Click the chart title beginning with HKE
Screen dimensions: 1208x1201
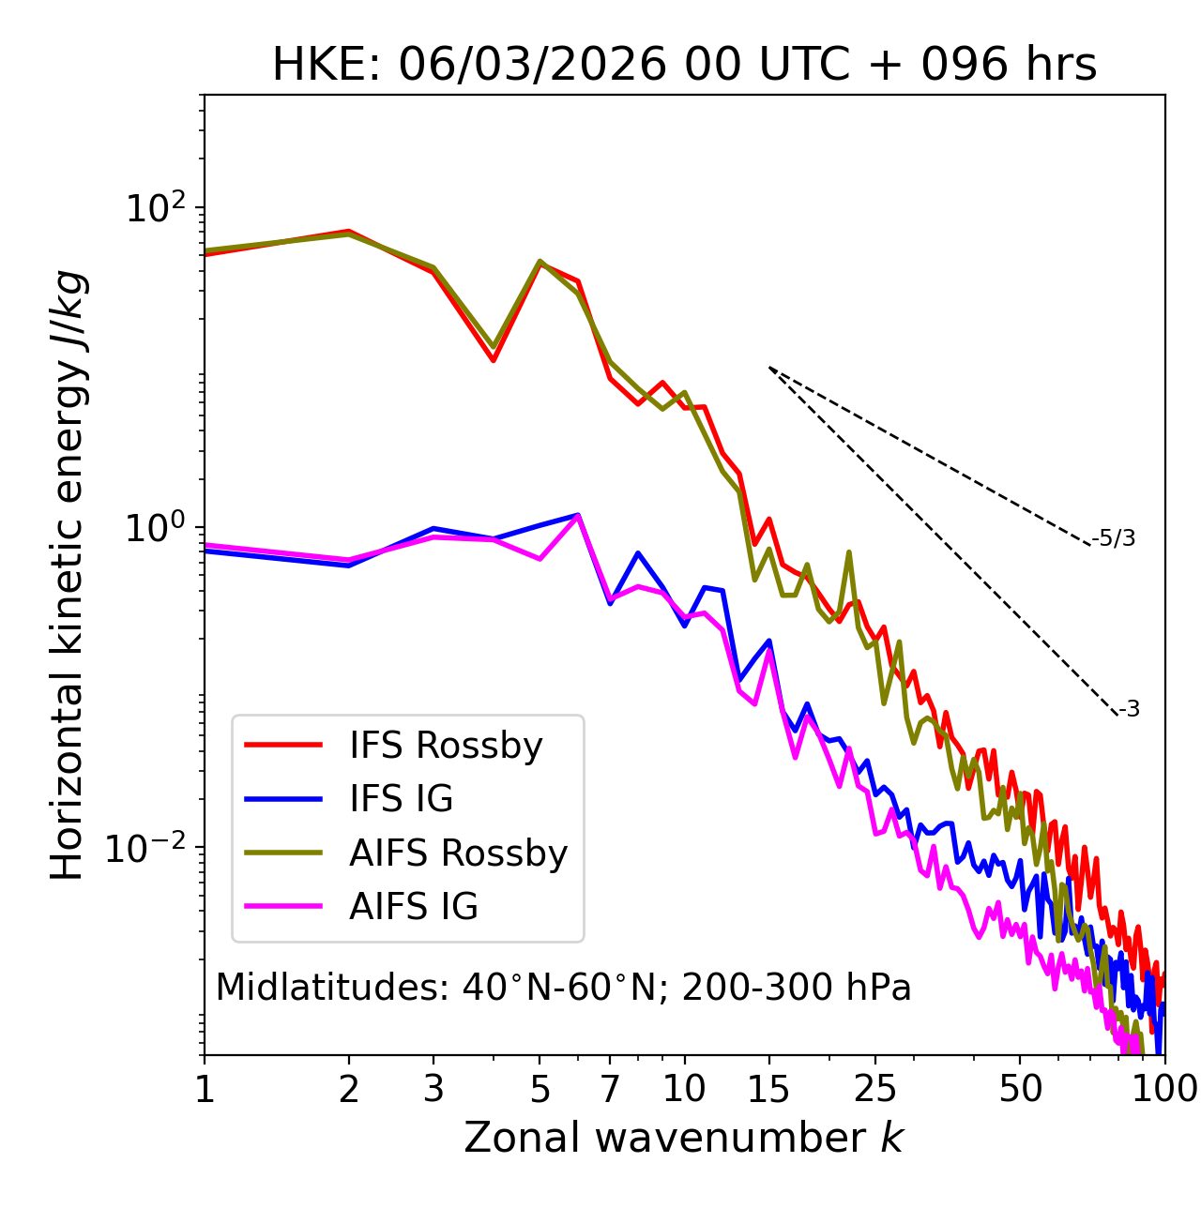(x=684, y=66)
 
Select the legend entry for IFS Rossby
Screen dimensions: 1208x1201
(x=446, y=746)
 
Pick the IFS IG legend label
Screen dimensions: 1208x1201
(x=401, y=799)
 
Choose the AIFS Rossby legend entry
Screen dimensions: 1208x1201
(x=458, y=853)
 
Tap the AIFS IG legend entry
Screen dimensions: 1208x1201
(x=414, y=907)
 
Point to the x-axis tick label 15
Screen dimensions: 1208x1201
(x=768, y=1089)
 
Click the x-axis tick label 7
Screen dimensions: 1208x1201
(x=610, y=1089)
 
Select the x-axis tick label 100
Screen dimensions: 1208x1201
(x=1164, y=1089)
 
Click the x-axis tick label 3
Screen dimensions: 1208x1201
(x=433, y=1089)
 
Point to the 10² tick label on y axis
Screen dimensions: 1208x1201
(x=155, y=207)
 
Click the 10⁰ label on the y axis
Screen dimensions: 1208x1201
(x=155, y=527)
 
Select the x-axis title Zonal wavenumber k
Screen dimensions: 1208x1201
(x=684, y=1139)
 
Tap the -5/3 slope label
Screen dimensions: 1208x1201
(x=1114, y=539)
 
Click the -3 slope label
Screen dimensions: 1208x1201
(x=1129, y=710)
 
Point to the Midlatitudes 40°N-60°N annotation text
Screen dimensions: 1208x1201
(x=563, y=988)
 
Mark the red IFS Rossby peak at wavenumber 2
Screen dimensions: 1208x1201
(x=349, y=231)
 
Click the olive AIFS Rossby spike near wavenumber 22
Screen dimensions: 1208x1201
(x=848, y=552)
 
